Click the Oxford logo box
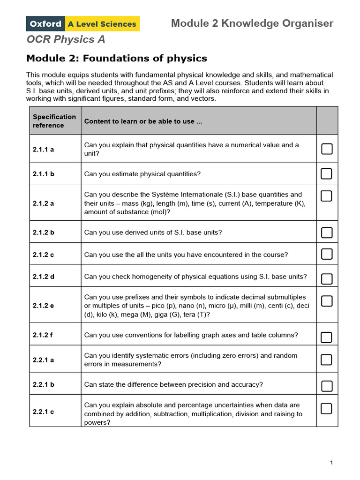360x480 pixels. (x=45, y=23)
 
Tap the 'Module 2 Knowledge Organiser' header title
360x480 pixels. (x=252, y=23)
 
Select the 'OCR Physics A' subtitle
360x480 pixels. (x=66, y=39)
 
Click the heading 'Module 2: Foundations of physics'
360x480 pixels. (x=116, y=59)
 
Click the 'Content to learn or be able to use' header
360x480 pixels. (x=143, y=121)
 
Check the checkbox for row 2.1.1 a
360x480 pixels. (x=327, y=149)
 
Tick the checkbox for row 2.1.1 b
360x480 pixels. (x=327, y=174)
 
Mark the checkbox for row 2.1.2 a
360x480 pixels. (x=327, y=196)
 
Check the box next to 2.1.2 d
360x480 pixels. (x=327, y=279)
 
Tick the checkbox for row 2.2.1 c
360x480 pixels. (x=327, y=408)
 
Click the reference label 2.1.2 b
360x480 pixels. (x=44, y=232)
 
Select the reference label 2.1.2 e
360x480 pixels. (x=44, y=306)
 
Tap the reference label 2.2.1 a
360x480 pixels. (x=44, y=360)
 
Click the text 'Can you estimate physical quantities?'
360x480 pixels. (x=142, y=174)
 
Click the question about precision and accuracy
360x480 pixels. (x=173, y=384)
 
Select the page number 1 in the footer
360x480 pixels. (x=331, y=463)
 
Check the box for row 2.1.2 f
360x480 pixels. (x=327, y=337)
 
